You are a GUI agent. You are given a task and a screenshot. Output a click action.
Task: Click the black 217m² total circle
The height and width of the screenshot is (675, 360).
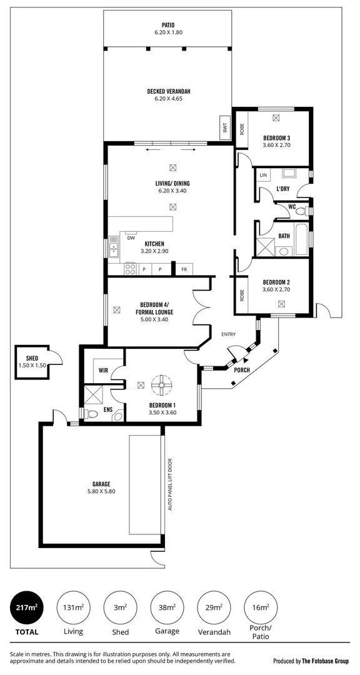[26, 606]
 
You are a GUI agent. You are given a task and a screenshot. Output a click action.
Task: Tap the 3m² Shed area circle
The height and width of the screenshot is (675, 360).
[120, 606]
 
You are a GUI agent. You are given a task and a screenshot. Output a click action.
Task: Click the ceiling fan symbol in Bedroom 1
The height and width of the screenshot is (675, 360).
[162, 385]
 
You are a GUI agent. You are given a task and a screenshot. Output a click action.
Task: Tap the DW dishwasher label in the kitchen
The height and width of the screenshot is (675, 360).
[131, 237]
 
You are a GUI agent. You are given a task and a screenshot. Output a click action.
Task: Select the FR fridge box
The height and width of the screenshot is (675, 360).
[184, 269]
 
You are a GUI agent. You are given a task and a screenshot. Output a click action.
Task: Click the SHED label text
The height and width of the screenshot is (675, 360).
[32, 358]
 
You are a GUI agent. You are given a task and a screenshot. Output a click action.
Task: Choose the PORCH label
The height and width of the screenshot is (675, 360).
[241, 370]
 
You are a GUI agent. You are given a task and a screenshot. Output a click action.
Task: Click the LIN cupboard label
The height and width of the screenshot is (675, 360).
[263, 175]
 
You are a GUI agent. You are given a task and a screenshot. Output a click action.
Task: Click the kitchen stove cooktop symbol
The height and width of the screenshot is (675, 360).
[130, 269]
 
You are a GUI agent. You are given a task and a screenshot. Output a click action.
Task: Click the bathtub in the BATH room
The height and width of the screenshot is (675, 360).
[302, 240]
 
